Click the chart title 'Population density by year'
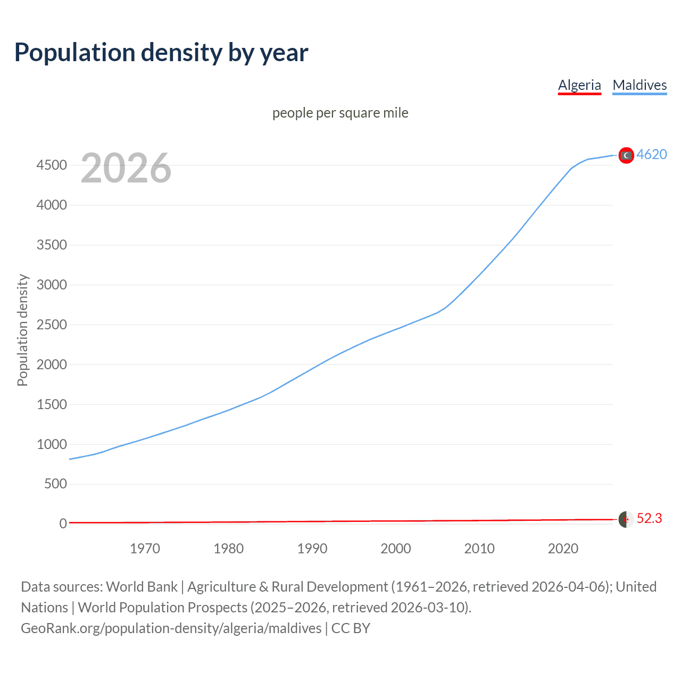[161, 53]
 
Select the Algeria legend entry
[579, 85]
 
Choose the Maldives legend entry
[640, 85]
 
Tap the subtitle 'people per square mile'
[340, 113]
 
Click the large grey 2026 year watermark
[126, 168]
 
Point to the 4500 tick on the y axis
[52, 165]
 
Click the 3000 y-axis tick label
[52, 285]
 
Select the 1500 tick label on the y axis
[52, 404]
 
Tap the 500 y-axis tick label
[55, 484]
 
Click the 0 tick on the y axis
[63, 524]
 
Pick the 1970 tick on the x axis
[145, 549]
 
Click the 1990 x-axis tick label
[312, 549]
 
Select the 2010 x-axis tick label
[479, 549]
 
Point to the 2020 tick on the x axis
[563, 549]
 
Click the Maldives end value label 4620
[652, 154]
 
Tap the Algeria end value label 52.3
[649, 518]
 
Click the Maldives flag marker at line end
[626, 155]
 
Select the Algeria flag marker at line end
[626, 519]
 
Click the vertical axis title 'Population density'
[22, 330]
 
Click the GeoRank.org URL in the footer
[171, 628]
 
